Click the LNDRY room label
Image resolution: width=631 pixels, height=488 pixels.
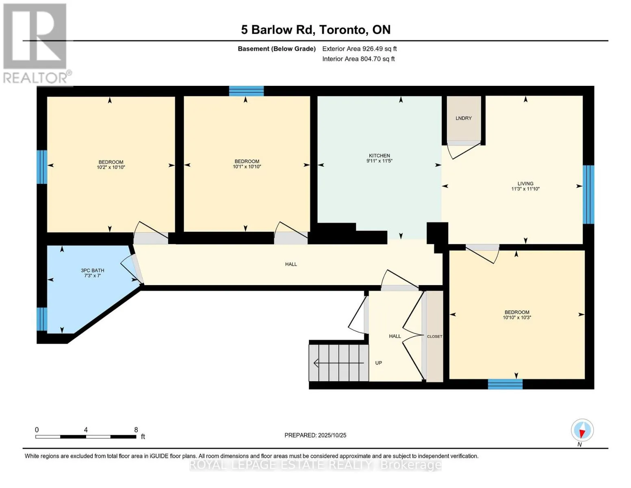(464, 118)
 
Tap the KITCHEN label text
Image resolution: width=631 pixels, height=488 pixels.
(379, 155)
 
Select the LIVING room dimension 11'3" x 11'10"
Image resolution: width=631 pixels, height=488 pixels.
(525, 189)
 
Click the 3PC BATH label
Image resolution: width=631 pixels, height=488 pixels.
(92, 270)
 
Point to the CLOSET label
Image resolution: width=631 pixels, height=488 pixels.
(434, 336)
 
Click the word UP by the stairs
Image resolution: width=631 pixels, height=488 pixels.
(378, 363)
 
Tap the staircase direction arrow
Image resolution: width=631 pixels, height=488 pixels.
(338, 363)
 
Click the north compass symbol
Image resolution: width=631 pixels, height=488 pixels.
(582, 430)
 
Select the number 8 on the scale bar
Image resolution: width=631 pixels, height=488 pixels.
(136, 429)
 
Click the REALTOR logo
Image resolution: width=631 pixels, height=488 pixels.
(36, 44)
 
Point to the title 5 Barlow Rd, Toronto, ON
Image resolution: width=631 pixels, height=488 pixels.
(316, 30)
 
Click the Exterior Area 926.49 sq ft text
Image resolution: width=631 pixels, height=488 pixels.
(359, 49)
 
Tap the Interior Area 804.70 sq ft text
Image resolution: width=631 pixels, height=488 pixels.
(358, 59)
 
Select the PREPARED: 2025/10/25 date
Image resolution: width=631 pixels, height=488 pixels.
(315, 435)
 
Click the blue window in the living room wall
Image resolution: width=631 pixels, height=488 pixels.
(588, 194)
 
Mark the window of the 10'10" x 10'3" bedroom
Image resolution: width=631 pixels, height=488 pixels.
(505, 384)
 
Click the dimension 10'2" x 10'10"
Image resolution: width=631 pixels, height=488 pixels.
(111, 167)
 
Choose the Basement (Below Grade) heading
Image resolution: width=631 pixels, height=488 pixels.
(277, 49)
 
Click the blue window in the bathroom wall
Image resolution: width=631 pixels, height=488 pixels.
(42, 319)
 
